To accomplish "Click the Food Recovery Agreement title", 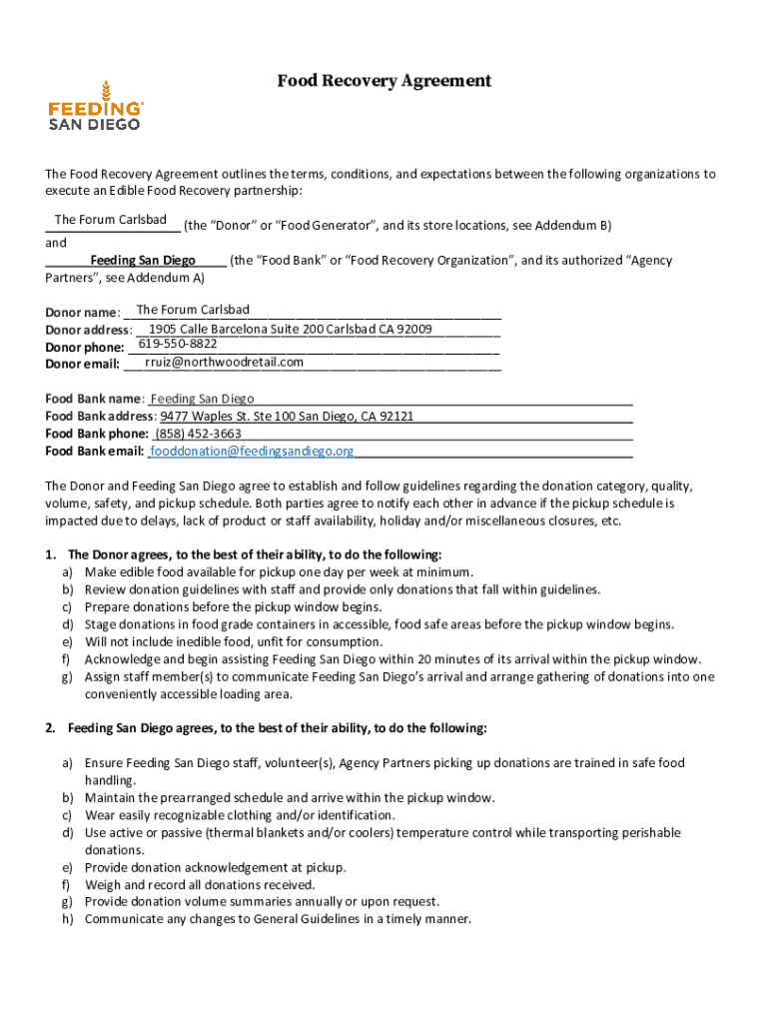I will pos(384,81).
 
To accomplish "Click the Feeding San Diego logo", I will pos(96,105).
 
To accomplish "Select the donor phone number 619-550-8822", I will pos(178,344).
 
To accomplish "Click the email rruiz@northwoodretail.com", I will pos(224,362).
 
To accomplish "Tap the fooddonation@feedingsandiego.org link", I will pos(252,452).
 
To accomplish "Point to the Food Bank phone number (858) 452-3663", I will pos(198,434).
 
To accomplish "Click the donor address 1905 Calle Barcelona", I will pos(290,329).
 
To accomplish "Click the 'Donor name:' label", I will pos(83,313).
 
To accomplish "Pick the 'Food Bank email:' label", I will pos(95,452).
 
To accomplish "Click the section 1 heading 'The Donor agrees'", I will pos(254,554).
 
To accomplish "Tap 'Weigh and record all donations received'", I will pos(200,885).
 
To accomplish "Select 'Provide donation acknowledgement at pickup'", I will pos(214,868).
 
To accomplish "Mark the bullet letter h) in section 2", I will pos(68,920).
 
